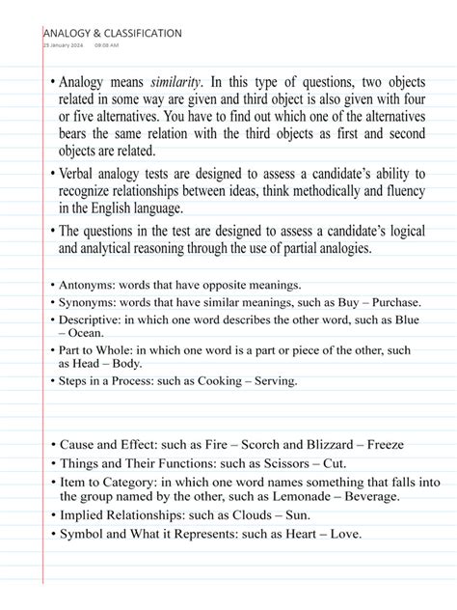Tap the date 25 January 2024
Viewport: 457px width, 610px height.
click(64, 45)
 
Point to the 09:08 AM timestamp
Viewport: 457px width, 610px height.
click(107, 45)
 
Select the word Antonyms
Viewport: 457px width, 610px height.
click(87, 285)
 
